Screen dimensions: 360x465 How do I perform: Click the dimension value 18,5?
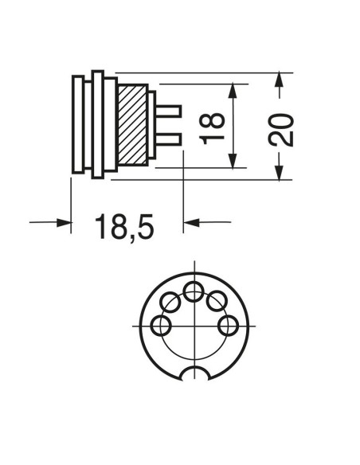(124, 227)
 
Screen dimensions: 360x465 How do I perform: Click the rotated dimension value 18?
(211, 128)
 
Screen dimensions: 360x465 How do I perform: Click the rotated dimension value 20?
(281, 130)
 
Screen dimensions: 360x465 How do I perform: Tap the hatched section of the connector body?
(132, 125)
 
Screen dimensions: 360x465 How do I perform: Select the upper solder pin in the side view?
(168, 111)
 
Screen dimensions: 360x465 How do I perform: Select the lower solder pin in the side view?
(168, 139)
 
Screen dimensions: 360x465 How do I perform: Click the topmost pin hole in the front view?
(194, 291)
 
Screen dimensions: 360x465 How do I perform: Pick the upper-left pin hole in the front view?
(170, 302)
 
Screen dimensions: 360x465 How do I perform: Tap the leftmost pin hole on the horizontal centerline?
(162, 326)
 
